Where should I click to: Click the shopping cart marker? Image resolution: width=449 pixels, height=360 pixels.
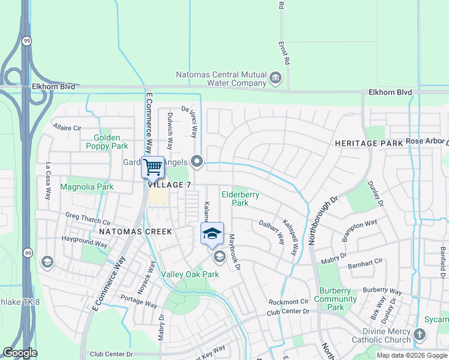[152, 167]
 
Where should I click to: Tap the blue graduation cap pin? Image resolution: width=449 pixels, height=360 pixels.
[212, 233]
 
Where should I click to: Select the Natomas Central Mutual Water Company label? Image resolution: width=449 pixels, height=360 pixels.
[221, 79]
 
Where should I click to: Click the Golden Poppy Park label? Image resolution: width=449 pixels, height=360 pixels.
[107, 142]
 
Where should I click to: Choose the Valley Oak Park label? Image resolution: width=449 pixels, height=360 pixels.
[189, 274]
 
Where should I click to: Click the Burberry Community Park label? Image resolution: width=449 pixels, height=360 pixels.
[336, 299]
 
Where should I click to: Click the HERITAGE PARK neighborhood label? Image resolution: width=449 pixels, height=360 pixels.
[369, 143]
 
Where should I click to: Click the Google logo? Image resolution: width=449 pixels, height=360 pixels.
[20, 353]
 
